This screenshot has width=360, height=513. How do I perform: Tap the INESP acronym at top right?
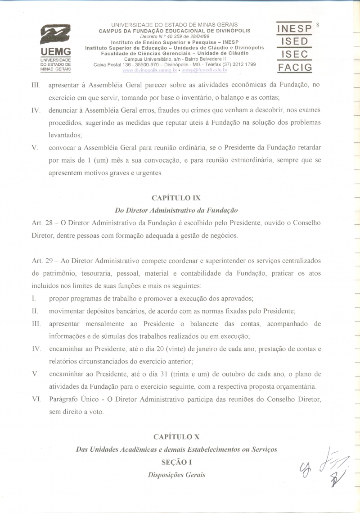(x=294, y=28)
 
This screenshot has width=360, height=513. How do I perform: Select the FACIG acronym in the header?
(x=294, y=68)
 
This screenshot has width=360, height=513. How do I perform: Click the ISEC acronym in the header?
(x=294, y=54)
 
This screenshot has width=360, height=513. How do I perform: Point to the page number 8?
(x=318, y=24)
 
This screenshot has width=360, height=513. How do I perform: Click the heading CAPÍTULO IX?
(x=176, y=198)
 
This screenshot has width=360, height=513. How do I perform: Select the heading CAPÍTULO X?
(x=176, y=437)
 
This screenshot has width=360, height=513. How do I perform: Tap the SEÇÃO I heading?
(x=176, y=462)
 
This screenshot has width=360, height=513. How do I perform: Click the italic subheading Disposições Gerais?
(x=176, y=475)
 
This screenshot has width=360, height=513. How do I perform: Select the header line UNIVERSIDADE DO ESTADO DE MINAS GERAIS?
(x=175, y=25)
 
